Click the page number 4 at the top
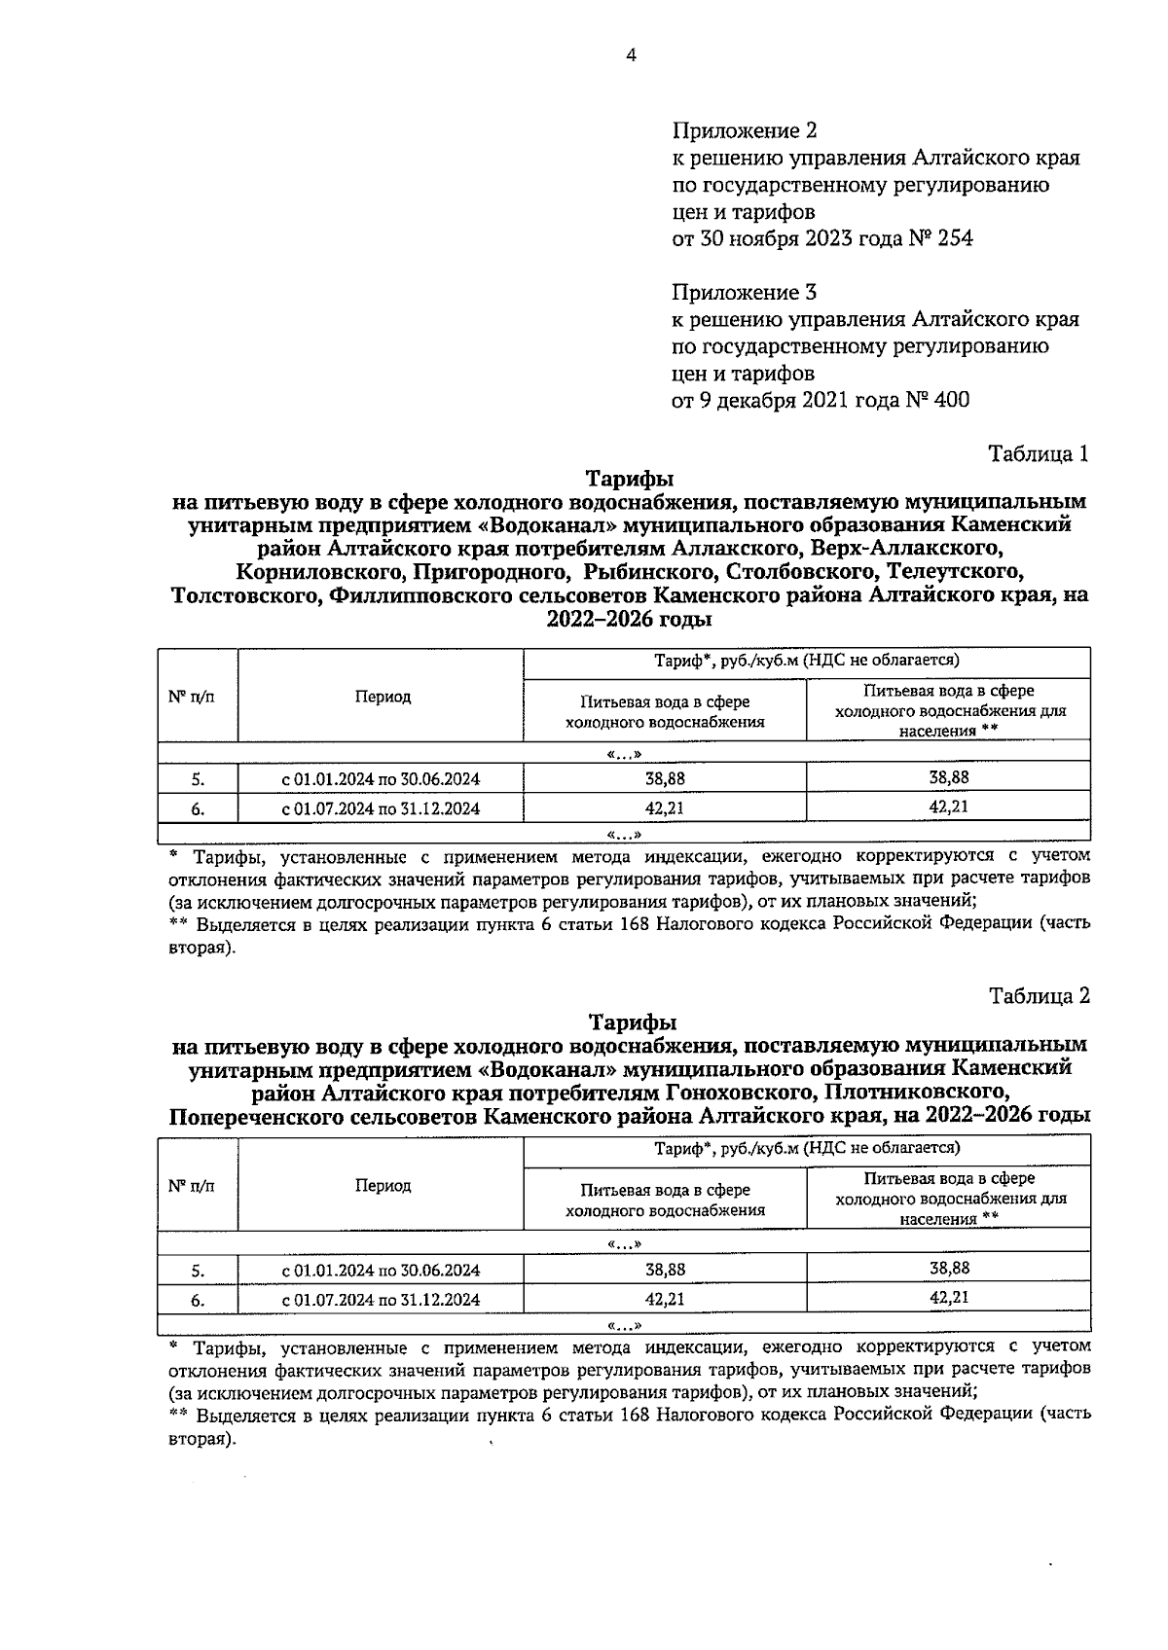click(x=631, y=55)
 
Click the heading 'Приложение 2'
click(x=745, y=130)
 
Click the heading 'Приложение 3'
click(x=745, y=292)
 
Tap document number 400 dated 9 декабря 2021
click(x=951, y=400)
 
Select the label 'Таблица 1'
click(x=1039, y=453)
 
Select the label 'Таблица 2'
click(x=1039, y=995)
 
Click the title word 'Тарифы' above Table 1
click(x=630, y=479)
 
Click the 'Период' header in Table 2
click(x=383, y=1185)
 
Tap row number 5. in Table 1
click(x=198, y=778)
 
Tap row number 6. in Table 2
click(x=198, y=1299)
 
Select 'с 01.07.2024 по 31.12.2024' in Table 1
click(x=381, y=807)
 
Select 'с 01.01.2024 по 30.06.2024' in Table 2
click(x=381, y=1270)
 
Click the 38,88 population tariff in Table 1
click(x=949, y=777)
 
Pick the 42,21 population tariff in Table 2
click(x=949, y=1297)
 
